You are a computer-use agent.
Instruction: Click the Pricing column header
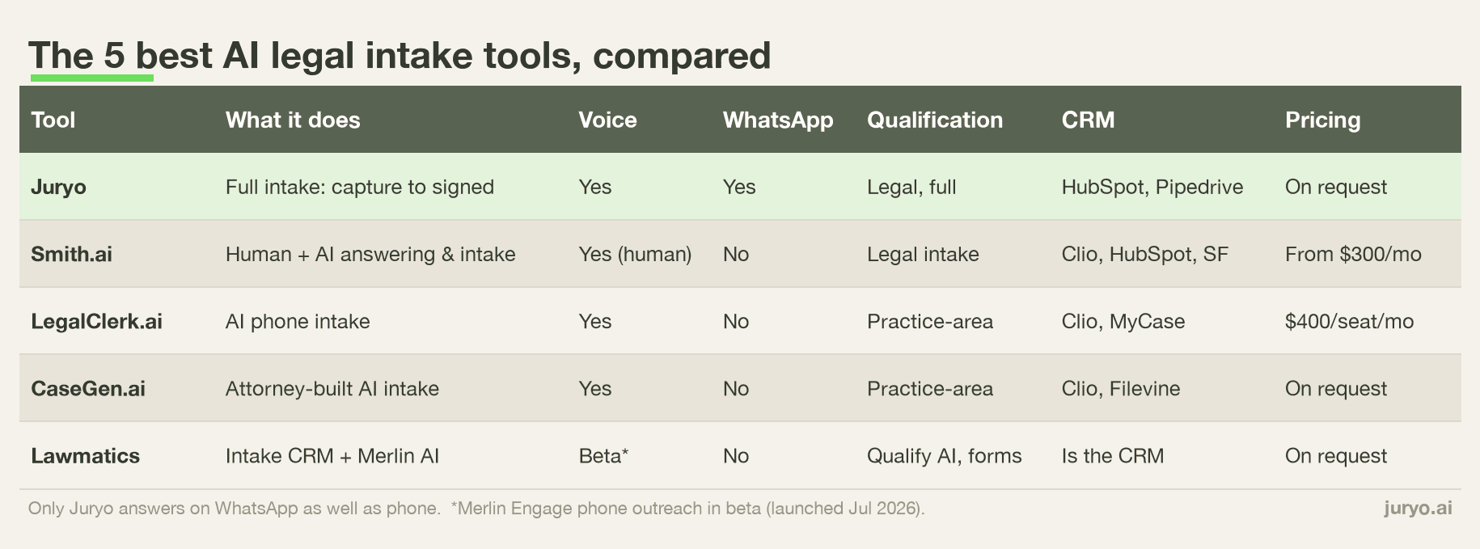pos(1322,120)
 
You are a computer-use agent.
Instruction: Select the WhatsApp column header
pos(777,120)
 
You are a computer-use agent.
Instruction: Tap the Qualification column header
pos(934,120)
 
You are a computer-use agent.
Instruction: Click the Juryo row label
pos(58,188)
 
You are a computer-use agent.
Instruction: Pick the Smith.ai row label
pos(71,254)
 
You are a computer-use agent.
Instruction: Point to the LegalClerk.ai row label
pos(96,322)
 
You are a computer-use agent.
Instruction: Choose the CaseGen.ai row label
pos(88,389)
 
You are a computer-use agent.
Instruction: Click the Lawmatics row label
pos(85,456)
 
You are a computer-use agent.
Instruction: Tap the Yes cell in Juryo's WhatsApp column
pos(739,187)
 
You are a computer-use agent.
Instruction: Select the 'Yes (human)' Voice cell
pos(635,255)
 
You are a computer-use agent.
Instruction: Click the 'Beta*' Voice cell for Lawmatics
pos(603,456)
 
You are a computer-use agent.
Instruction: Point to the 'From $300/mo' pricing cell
pos(1353,254)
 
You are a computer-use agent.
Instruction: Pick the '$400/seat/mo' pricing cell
pos(1349,321)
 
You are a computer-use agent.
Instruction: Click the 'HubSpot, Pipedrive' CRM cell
pos(1152,188)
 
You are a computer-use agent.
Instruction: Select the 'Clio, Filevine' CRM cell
pos(1121,389)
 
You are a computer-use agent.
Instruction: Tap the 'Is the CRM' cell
pos(1113,456)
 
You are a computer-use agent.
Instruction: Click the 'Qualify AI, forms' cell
pos(944,457)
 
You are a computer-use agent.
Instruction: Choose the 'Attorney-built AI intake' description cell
pos(332,389)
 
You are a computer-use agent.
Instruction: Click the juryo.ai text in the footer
pos(1418,509)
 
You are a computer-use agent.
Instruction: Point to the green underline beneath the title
pos(92,78)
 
